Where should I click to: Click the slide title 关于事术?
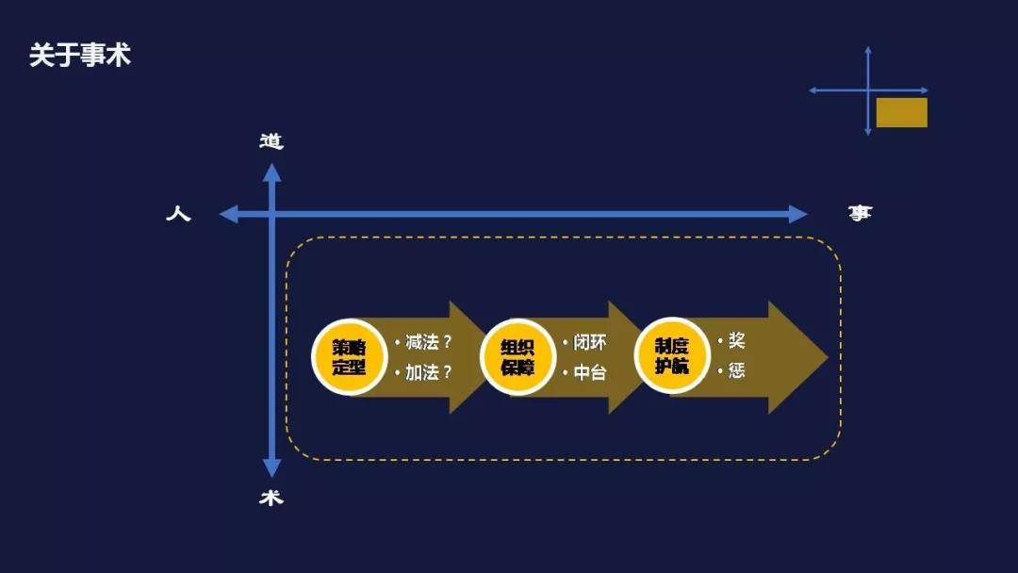pyautogui.click(x=79, y=56)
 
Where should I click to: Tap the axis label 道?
pyautogui.click(x=271, y=141)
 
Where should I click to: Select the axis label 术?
pyautogui.click(x=271, y=498)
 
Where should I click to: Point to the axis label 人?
pyautogui.click(x=178, y=214)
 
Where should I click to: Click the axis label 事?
pyautogui.click(x=860, y=214)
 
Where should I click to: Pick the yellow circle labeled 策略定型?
pyautogui.click(x=349, y=356)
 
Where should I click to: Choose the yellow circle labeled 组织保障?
pyautogui.click(x=517, y=356)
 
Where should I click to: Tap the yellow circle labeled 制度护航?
pyautogui.click(x=672, y=356)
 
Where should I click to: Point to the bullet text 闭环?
pyautogui.click(x=590, y=342)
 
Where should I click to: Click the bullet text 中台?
pyautogui.click(x=590, y=372)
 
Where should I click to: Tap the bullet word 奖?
pyautogui.click(x=736, y=340)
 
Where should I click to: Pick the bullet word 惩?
pyautogui.click(x=736, y=370)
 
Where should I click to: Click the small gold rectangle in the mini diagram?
pyautogui.click(x=901, y=112)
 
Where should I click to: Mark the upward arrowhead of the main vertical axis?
pyautogui.click(x=271, y=172)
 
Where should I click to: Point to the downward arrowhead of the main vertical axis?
pyautogui.click(x=271, y=468)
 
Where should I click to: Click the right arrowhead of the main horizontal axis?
pyautogui.click(x=798, y=214)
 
